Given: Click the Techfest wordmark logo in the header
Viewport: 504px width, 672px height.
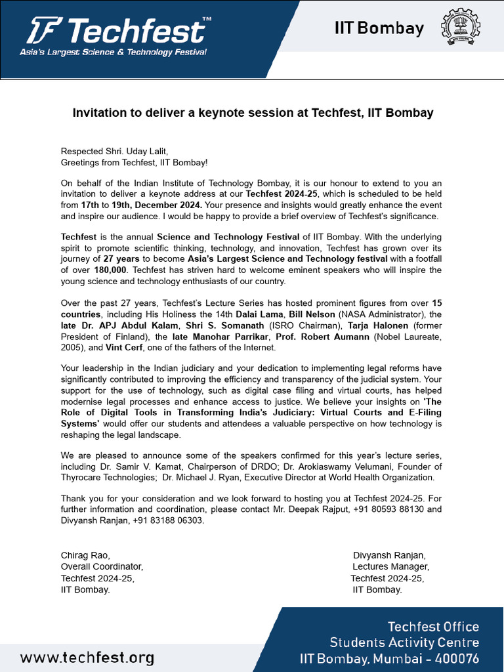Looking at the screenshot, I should coord(118,30).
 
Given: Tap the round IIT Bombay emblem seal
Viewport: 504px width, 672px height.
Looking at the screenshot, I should coord(460,28).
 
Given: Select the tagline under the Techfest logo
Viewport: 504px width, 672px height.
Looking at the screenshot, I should coord(113,52).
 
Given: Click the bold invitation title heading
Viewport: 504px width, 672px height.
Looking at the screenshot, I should coord(253,113).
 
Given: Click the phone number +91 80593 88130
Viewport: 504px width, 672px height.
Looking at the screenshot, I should coord(381,509).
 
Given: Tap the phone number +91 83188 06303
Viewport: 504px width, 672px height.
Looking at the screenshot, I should coord(166,520).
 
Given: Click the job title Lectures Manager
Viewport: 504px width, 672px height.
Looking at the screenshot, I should coord(390,566).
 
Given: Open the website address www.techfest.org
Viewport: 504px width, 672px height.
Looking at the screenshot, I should coord(87,658).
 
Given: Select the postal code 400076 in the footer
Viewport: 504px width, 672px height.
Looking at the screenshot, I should coord(455,658).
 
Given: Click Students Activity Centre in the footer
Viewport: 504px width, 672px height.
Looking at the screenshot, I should coord(404,642).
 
